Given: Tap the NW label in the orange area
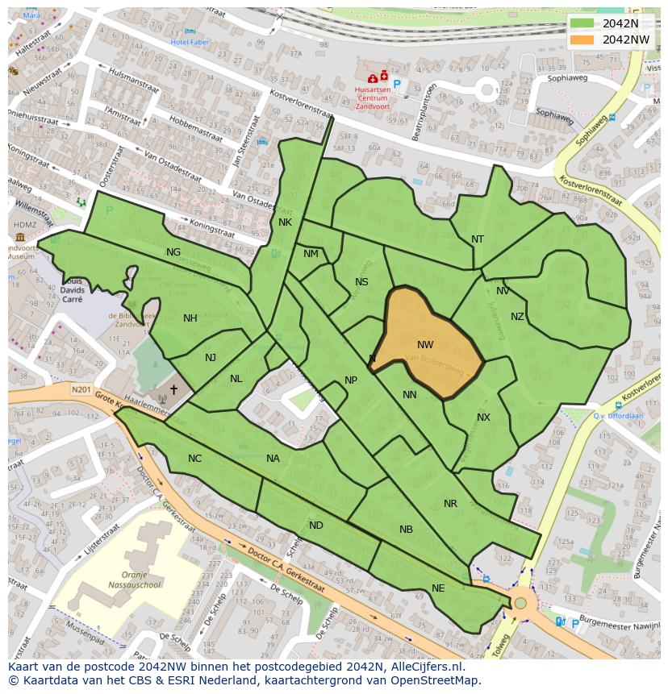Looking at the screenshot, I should tap(425, 345).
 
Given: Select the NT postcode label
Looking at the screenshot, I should tap(478, 239).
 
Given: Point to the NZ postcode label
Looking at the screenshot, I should tap(517, 317).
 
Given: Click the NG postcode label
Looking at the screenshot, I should tap(173, 252).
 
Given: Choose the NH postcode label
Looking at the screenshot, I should tap(190, 318).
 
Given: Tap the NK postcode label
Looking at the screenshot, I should tap(285, 222).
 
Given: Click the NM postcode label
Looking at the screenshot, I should tap(311, 254).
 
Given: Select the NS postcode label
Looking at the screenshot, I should tap(361, 282).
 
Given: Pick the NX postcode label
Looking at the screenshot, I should tap(483, 418).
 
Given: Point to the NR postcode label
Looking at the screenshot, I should tap(450, 504).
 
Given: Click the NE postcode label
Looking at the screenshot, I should tap(438, 588).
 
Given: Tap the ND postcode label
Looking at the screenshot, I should tap(316, 526).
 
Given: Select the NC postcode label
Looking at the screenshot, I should tap(194, 459).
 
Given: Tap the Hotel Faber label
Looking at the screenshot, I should tap(190, 42).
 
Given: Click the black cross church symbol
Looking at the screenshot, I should tap(173, 389).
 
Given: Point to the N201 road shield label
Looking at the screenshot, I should tap(81, 390).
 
